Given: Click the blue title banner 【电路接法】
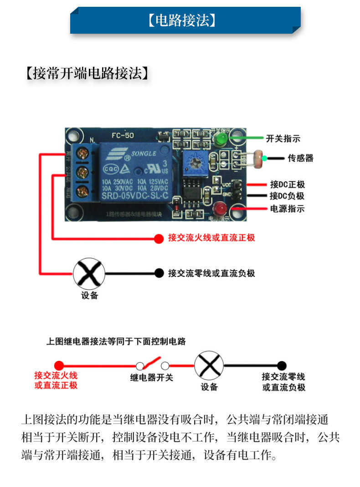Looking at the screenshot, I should click(185, 21).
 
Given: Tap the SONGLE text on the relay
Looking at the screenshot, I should click(144, 154).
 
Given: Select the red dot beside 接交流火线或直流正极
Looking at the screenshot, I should click(158, 238).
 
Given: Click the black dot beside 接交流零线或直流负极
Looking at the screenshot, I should click(159, 273).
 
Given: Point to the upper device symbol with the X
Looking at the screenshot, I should click(89, 273).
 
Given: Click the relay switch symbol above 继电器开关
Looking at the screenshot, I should click(153, 364).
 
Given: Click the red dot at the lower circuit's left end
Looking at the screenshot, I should click(59, 365).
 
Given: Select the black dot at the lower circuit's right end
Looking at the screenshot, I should click(282, 365).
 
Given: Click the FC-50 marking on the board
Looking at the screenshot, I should click(123, 135).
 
